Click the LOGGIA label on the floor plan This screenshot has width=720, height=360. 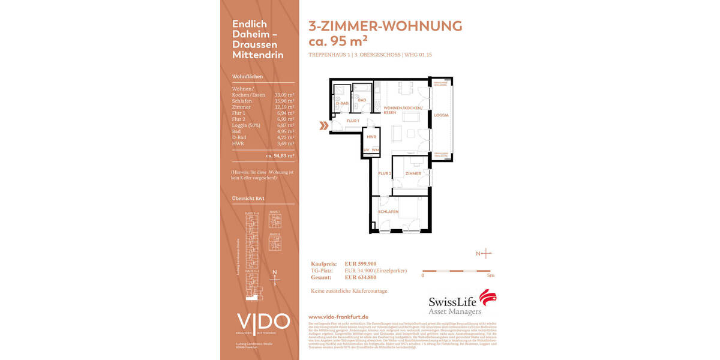[441, 115]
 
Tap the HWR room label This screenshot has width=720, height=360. [371, 137]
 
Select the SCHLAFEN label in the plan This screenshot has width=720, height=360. [388, 212]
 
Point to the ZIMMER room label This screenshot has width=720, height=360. [413, 173]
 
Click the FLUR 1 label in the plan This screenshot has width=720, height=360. [353, 121]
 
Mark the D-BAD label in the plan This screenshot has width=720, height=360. [341, 104]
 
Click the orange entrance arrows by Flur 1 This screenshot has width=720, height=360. [323, 126]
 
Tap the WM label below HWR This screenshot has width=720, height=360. [375, 149]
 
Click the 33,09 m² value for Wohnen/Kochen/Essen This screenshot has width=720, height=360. [284, 95]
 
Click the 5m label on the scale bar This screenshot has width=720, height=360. [490, 276]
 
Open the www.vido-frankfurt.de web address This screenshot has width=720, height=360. [338, 316]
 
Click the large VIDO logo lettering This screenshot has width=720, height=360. [263, 322]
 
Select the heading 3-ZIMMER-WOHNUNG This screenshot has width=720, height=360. [385, 26]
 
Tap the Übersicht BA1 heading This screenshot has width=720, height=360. [248, 198]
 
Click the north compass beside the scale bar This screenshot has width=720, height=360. [485, 254]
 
